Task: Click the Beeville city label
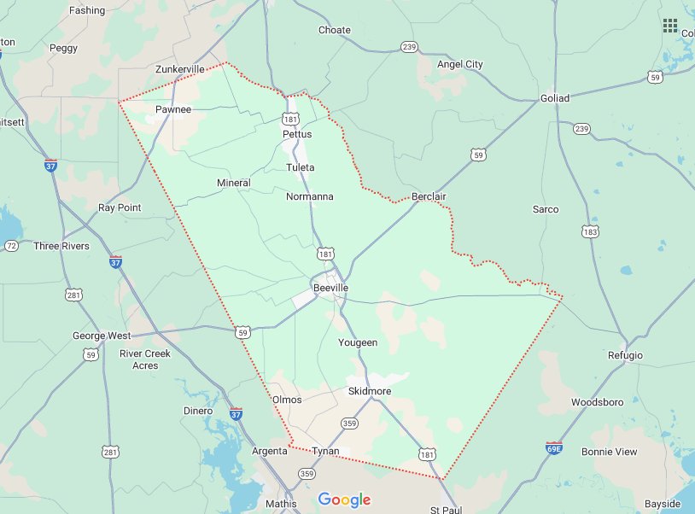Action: click(x=330, y=289)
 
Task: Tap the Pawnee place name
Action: click(x=173, y=109)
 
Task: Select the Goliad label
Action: click(x=555, y=98)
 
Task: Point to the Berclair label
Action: click(x=429, y=196)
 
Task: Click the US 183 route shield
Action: click(x=589, y=231)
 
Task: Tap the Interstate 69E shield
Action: click(x=553, y=447)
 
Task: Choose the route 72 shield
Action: click(x=11, y=246)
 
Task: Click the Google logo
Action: click(x=344, y=499)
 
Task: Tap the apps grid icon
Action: click(x=670, y=25)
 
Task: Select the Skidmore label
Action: click(x=370, y=391)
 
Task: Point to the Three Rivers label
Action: click(x=61, y=246)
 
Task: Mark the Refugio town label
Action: click(x=625, y=355)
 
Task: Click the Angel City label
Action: click(x=460, y=64)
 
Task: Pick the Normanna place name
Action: click(x=309, y=196)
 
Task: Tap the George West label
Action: click(x=101, y=336)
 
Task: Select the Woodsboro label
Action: click(x=597, y=402)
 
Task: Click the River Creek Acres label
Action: click(x=145, y=359)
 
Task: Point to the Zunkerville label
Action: click(x=180, y=69)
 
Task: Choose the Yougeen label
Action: click(x=358, y=342)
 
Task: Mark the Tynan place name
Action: click(x=326, y=450)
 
